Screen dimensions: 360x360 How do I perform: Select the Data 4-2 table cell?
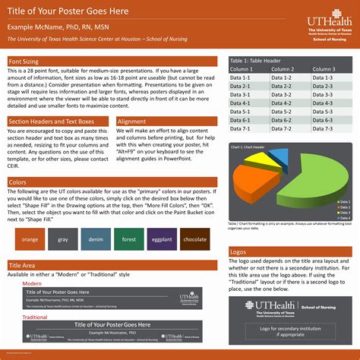tap(289, 103)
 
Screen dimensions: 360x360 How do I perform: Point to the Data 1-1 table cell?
tap(247, 77)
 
